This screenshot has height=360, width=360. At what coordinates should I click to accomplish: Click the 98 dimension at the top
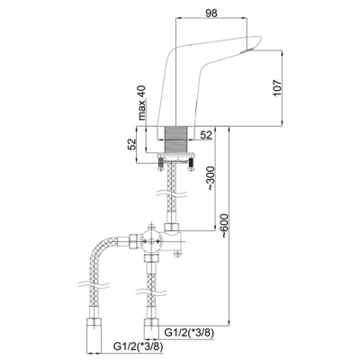point(211,13)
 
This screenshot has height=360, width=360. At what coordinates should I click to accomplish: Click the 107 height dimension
point(277,88)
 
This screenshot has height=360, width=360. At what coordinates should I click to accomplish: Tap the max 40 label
point(142,103)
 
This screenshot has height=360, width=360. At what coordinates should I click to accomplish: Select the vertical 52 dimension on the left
point(132,144)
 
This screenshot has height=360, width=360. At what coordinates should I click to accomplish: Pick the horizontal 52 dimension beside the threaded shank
point(206,135)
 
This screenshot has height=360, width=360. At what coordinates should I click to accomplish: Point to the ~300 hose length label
point(211,178)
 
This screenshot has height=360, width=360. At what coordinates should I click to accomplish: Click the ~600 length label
point(224,226)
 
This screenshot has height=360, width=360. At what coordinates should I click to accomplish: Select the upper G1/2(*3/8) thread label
point(189,333)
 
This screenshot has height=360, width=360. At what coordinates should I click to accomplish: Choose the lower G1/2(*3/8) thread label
point(139,347)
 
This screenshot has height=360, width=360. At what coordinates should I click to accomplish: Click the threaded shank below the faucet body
point(176,139)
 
